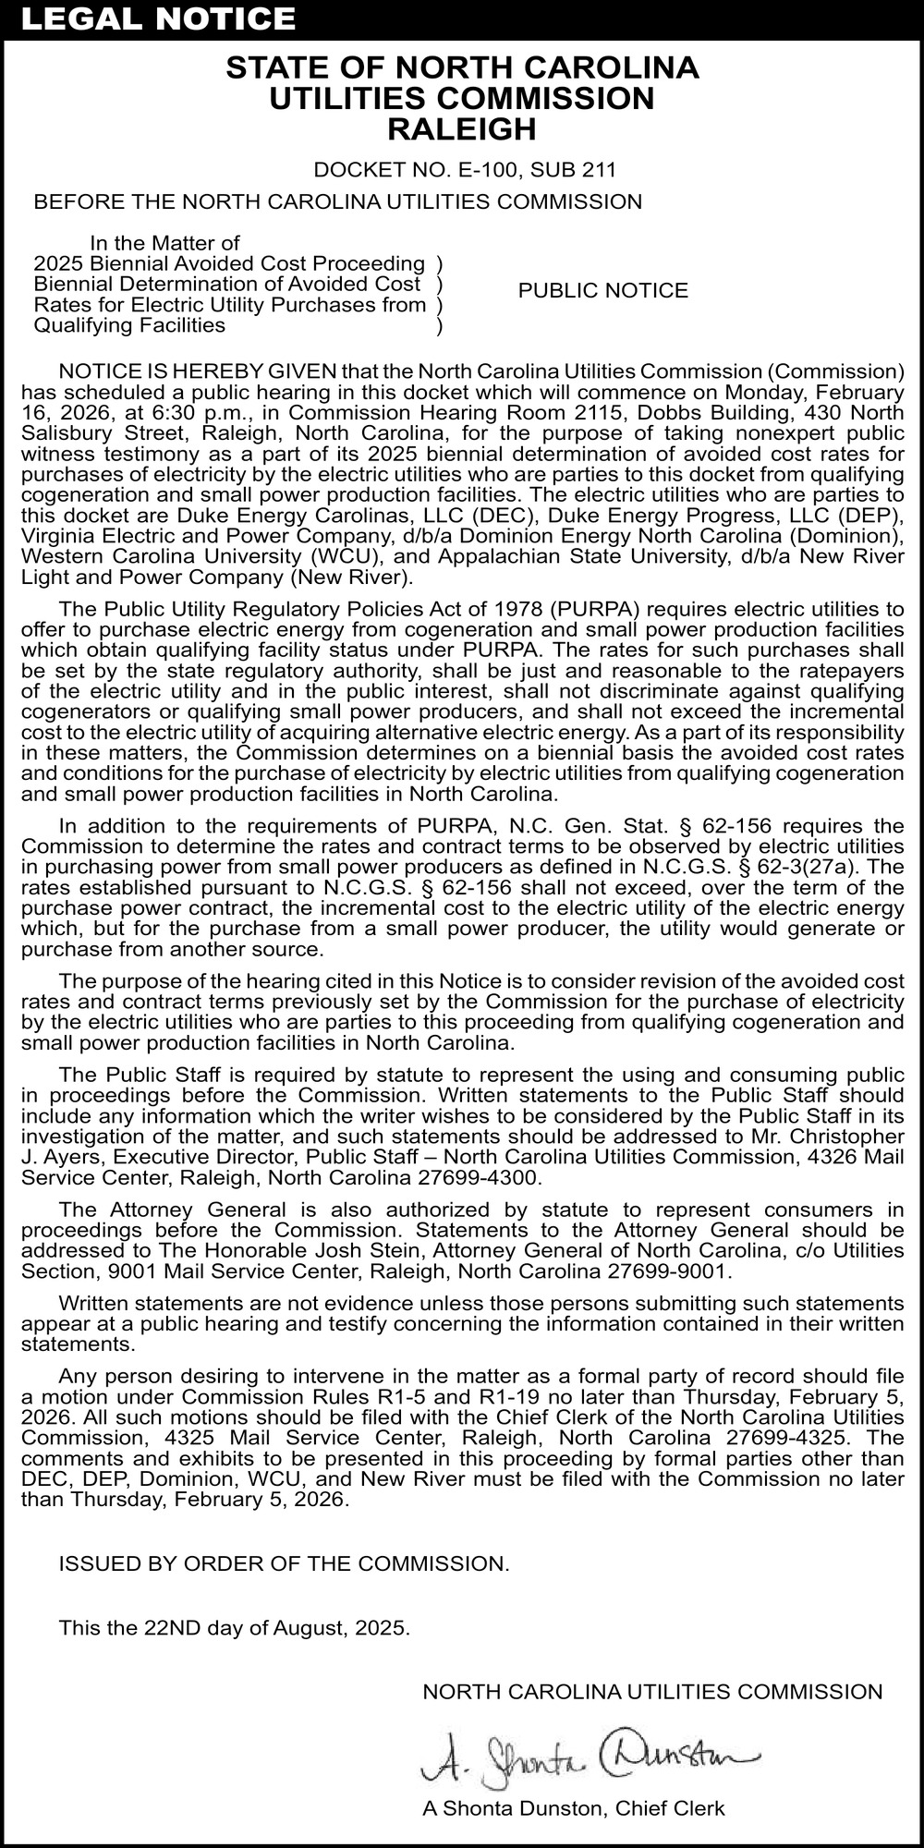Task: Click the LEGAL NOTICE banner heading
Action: pyautogui.click(x=158, y=18)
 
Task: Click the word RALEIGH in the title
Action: pyautogui.click(x=461, y=129)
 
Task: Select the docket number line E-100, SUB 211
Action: pyautogui.click(x=465, y=170)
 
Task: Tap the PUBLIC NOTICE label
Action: pyautogui.click(x=602, y=291)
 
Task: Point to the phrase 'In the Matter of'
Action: pyautogui.click(x=164, y=244)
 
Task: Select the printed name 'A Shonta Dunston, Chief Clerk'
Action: pyautogui.click(x=573, y=1808)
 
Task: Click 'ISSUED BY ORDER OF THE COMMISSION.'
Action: pyautogui.click(x=284, y=1564)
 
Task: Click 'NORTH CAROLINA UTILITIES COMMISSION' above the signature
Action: pyautogui.click(x=652, y=1692)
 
